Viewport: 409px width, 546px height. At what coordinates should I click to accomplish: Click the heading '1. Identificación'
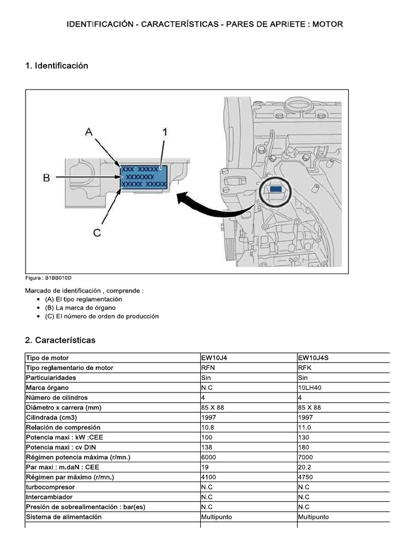56,66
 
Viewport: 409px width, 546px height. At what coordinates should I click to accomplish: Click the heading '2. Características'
60,340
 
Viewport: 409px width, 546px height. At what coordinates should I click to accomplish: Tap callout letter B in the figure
46,178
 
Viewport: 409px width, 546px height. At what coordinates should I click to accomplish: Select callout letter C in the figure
96,233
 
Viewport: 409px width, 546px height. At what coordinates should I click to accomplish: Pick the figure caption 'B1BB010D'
48,278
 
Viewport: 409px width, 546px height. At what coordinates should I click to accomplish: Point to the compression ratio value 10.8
208,428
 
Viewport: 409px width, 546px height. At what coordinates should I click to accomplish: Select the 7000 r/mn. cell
306,457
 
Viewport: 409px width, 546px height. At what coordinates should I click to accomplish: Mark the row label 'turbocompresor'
50,487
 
